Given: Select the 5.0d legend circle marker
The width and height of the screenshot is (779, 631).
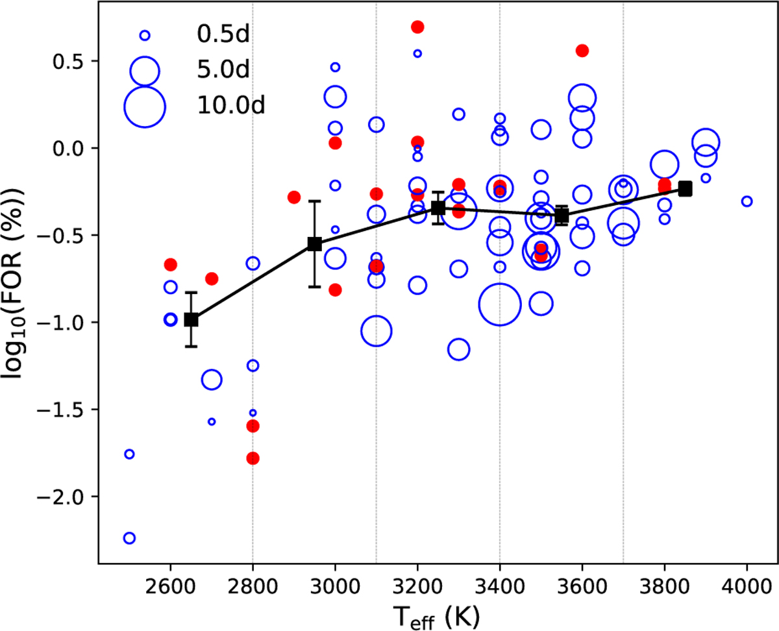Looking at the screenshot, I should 145,71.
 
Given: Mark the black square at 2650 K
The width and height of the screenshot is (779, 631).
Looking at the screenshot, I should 191,319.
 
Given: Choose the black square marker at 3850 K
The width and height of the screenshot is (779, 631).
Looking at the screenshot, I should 685,189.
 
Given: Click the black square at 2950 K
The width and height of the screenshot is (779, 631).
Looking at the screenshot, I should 315,243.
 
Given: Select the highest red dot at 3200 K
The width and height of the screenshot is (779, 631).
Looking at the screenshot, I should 417,27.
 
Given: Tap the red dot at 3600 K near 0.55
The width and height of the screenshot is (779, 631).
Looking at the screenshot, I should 582,51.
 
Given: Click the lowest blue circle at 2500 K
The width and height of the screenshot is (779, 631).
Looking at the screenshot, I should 129,538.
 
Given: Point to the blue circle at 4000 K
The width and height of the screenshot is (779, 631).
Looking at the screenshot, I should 747,201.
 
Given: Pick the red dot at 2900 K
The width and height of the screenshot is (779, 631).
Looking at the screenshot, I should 293,197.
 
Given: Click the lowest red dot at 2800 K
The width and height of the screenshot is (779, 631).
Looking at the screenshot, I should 253,458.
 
